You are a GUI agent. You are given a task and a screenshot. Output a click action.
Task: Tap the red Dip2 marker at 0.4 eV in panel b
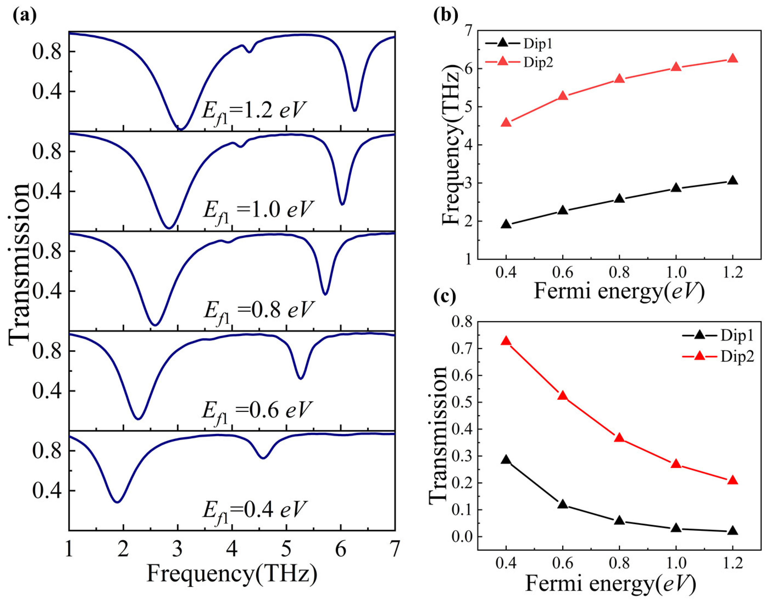pyautogui.click(x=506, y=122)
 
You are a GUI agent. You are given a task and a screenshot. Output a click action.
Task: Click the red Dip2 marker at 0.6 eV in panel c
pyautogui.click(x=563, y=395)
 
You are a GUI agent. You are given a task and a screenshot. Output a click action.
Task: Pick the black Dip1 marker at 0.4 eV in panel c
pyautogui.click(x=506, y=460)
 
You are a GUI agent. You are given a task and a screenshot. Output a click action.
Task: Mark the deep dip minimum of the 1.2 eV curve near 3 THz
pyautogui.click(x=180, y=129)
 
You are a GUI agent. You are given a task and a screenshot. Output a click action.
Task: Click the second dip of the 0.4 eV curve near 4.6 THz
pyautogui.click(x=263, y=458)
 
